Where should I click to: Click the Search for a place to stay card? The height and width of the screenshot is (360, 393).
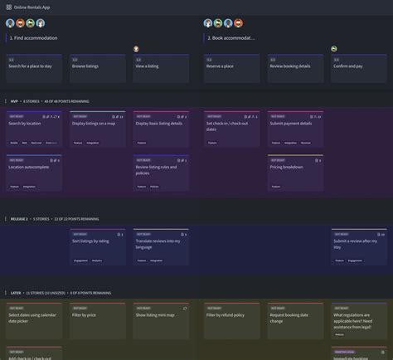(33, 66)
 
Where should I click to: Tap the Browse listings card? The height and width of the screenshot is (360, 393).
(97, 66)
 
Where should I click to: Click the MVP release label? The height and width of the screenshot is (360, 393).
(14, 101)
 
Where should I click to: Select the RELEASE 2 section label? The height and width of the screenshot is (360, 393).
(18, 219)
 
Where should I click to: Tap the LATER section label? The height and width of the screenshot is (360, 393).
(16, 293)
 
